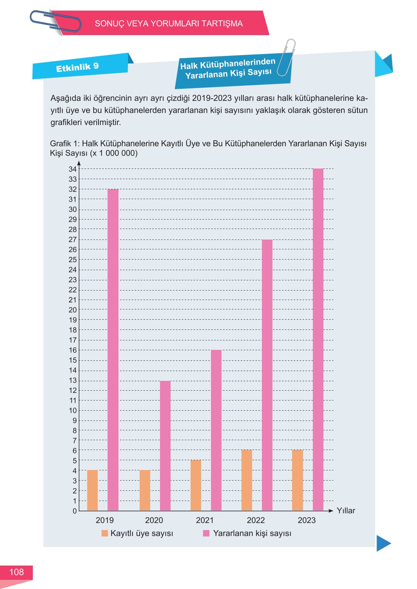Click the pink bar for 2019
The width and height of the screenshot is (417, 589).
coord(113,349)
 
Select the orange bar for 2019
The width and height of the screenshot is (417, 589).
coord(92,490)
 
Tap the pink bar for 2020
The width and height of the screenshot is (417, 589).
coord(165,445)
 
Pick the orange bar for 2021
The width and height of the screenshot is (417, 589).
coord(196,485)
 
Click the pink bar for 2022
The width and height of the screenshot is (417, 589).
coord(267,375)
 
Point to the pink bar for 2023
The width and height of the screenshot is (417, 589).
coord(318,339)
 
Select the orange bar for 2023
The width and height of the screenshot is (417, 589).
coord(297,480)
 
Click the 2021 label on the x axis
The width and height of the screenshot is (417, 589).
coord(205,520)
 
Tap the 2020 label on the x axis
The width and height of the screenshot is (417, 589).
coord(154,520)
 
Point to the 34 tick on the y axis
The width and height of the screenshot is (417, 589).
coord(72,169)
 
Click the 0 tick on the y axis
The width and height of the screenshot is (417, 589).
coord(75,511)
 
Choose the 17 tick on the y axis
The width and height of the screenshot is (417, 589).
coord(72,340)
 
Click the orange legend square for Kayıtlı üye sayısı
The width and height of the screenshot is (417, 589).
coord(105,533)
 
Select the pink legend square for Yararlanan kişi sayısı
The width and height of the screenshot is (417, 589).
coord(206,533)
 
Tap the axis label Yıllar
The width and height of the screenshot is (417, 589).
coord(346,510)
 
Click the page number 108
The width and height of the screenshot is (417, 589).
coord(16,572)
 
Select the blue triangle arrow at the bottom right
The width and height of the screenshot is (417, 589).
coord(383,543)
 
